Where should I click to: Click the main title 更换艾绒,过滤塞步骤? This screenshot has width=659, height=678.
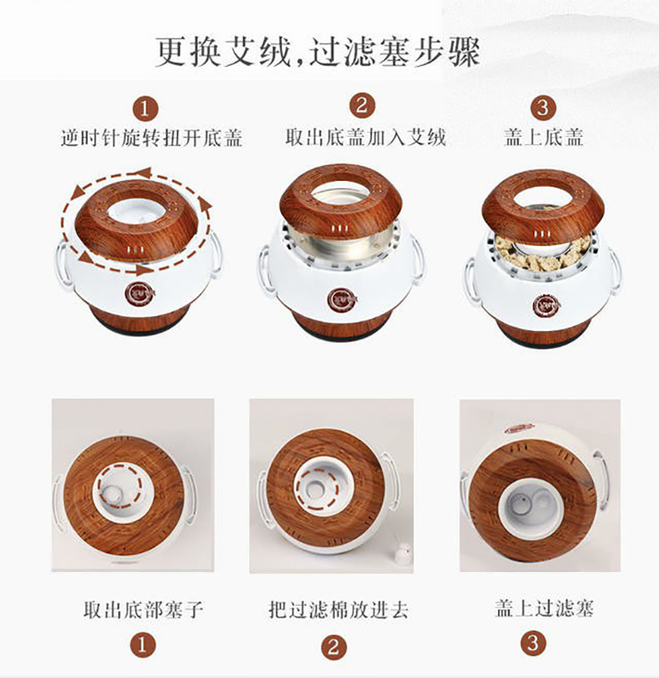coord(317,53)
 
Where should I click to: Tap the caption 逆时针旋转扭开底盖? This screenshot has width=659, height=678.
coord(151,138)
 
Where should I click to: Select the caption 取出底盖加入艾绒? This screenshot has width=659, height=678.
coord(366,137)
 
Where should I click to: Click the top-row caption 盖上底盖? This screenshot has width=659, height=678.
coord(543,137)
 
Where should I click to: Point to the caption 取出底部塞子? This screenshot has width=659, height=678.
coord(143,609)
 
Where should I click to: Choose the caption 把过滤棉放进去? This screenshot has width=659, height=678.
coord(338,609)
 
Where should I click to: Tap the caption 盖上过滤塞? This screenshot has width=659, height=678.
coord(544,608)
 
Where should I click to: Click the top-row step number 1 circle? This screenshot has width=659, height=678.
coord(145,109)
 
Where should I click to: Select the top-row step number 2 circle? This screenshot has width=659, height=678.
coord(362,105)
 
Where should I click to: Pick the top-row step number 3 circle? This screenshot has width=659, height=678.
coord(544,107)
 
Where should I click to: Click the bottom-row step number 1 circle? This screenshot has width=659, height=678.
coord(142,646)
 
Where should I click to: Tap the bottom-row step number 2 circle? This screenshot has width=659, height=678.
coord(334,647)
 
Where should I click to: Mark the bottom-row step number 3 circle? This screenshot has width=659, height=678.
coord(533,643)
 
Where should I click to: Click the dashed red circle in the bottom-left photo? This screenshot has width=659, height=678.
coord(120,486)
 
